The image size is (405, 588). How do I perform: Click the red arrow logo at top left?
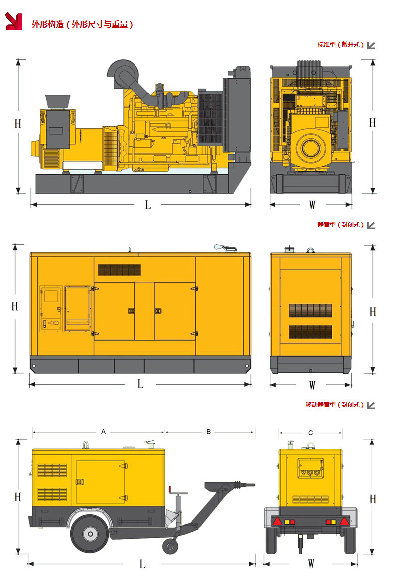click(14, 21)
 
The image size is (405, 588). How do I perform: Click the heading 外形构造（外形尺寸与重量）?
click(82, 25)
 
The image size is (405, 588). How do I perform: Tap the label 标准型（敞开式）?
click(341, 45)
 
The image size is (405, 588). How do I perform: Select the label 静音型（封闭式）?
click(341, 225)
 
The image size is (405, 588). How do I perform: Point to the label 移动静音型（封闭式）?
click(334, 405)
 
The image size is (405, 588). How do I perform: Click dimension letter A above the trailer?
click(103, 432)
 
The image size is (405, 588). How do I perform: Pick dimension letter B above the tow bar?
click(209, 432)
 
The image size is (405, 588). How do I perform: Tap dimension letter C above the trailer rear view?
click(310, 433)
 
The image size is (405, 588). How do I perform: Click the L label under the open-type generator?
click(148, 205)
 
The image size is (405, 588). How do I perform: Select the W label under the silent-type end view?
click(312, 385)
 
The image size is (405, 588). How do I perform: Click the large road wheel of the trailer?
click(90, 533)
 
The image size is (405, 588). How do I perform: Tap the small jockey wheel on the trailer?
click(171, 546)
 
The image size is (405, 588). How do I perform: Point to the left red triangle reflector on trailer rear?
click(277, 521)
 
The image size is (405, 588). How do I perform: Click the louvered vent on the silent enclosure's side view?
click(120, 270)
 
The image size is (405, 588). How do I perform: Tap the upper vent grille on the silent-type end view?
click(310, 310)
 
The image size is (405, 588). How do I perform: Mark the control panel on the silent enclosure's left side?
click(51, 308)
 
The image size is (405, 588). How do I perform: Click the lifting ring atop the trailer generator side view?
click(86, 445)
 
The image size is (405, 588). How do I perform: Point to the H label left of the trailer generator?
click(18, 497)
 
